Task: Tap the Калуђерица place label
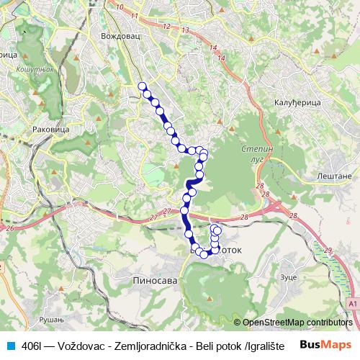[297, 103]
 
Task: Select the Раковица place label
[50, 130]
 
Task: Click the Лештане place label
[332, 176]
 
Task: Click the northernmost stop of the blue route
[142, 86]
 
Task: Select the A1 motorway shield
[352, 305]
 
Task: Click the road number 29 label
[328, 250]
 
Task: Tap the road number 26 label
[10, 228]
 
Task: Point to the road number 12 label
[167, 26]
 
